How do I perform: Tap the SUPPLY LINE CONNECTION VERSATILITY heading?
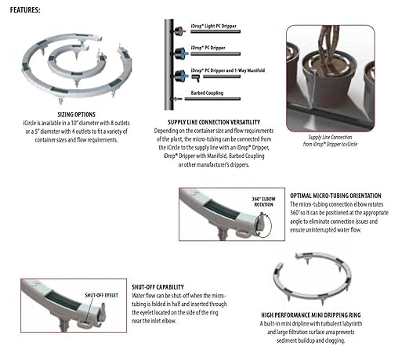tap(200, 122)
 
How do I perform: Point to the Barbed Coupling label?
tap(205, 92)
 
